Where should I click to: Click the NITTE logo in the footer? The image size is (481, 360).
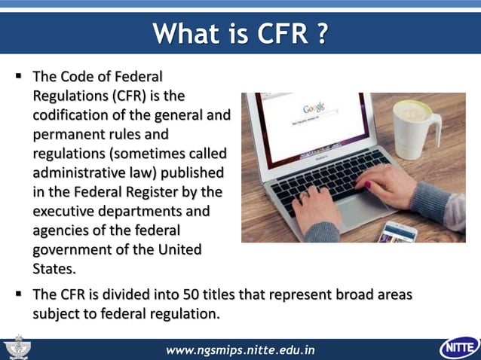coord(459,348)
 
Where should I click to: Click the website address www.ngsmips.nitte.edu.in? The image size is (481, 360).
coord(240,349)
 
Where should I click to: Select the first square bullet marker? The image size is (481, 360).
coord(17,77)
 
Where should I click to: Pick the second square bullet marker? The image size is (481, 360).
coord(17,294)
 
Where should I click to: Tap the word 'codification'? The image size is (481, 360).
coord(72,115)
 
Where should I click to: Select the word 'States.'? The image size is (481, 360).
coord(54,269)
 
